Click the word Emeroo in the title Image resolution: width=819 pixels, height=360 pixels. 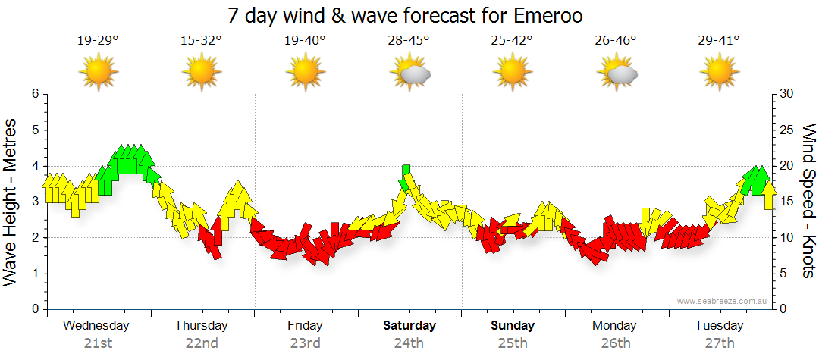pos(557,15)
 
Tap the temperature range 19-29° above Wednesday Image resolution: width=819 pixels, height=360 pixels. pos(98,41)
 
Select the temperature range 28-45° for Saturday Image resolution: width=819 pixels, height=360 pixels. pos(409,41)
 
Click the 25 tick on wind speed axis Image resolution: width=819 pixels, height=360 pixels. pos(787,130)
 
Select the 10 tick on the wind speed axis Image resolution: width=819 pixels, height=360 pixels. pos(787,238)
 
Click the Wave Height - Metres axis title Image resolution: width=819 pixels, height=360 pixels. pos(12,202)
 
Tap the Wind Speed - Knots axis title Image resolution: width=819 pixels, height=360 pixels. pos(808,202)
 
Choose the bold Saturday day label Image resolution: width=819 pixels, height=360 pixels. pos(409,326)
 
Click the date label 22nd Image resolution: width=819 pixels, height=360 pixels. pos(202,343)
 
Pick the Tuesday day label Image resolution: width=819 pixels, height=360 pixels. pos(719,326)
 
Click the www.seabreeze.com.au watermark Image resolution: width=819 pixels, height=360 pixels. pos(723,301)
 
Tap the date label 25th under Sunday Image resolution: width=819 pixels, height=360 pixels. pos(513,343)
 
